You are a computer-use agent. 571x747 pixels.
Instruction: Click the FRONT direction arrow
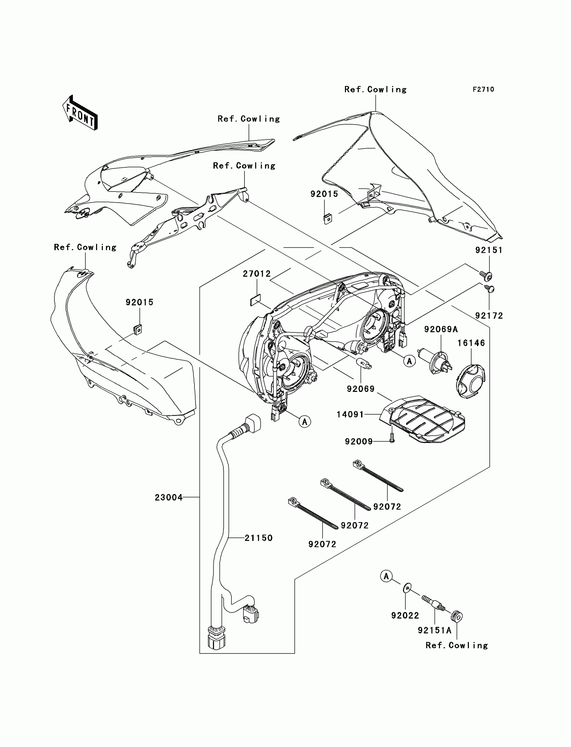[x=80, y=113]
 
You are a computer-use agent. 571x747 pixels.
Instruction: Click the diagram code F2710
[x=483, y=89]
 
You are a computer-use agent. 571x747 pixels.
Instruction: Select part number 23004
[x=169, y=498]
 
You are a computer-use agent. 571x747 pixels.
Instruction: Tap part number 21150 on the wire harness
[x=259, y=538]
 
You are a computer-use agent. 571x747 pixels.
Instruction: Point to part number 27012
[x=257, y=274]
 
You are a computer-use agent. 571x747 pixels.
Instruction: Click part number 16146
[x=471, y=343]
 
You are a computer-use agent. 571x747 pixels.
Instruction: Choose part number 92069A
[x=441, y=329]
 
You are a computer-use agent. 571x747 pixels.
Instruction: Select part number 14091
[x=350, y=414]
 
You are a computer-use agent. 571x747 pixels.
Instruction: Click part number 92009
[x=359, y=441]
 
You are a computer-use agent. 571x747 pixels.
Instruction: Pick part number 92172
[x=489, y=316]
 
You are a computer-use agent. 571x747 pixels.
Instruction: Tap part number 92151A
[x=435, y=630]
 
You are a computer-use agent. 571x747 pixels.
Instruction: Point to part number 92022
[x=405, y=615]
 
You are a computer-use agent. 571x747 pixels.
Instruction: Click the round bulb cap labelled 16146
[x=470, y=381]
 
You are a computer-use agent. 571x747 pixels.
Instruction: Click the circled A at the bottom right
[x=386, y=576]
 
